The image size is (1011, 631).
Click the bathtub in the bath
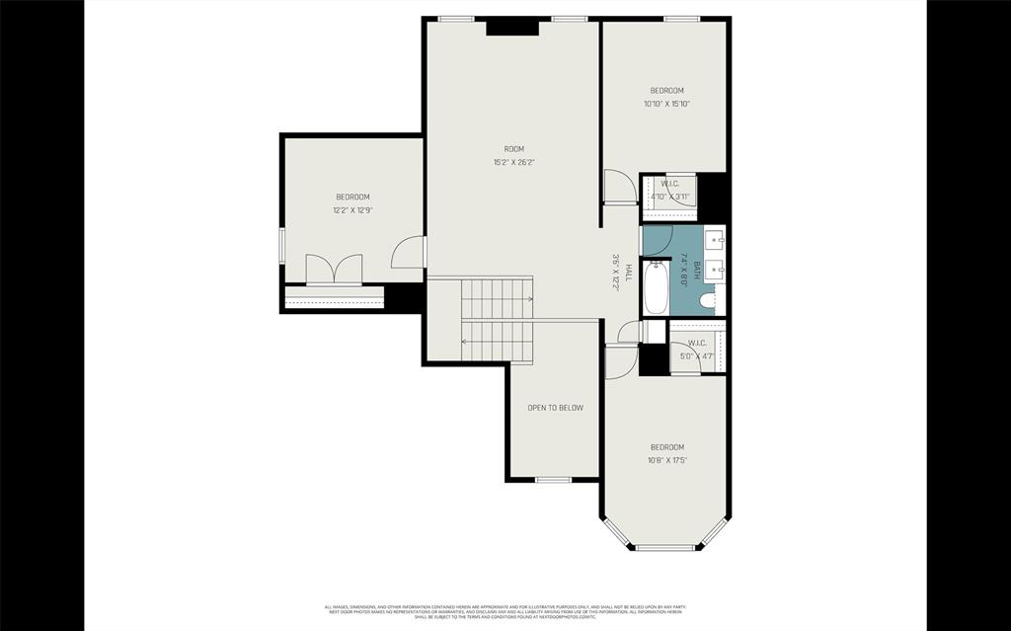point(656,287)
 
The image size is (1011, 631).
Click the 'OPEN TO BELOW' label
point(555,408)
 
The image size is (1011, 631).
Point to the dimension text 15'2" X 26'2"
point(514,162)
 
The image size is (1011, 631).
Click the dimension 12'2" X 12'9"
point(352,209)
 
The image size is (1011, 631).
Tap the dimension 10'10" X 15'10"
point(666,103)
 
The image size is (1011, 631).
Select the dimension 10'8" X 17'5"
point(667,459)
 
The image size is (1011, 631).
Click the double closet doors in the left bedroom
point(334,271)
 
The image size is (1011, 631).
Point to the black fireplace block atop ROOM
point(512,27)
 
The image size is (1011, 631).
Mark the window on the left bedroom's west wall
point(282,245)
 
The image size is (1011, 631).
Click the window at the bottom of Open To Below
point(553,480)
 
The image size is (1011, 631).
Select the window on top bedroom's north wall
point(681,19)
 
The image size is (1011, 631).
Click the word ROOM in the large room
point(514,149)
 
